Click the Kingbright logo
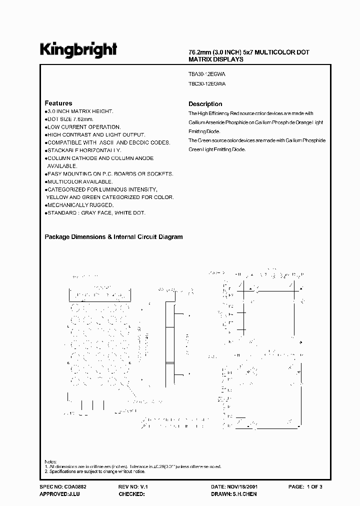pyautogui.click(x=78, y=50)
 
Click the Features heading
pyautogui.click(x=58, y=103)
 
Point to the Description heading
pyautogui.click(x=205, y=104)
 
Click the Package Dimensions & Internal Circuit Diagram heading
pyautogui.click(x=114, y=237)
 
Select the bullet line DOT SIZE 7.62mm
pyautogui.click(x=69, y=119)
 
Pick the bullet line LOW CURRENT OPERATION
pyautogui.click(x=83, y=127)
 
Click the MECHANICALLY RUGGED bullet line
pyautogui.click(x=80, y=205)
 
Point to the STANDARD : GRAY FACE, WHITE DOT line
pyautogui.click(x=96, y=213)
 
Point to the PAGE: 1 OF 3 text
pyautogui.click(x=306, y=486)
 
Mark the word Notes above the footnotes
pyautogui.click(x=50, y=461)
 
